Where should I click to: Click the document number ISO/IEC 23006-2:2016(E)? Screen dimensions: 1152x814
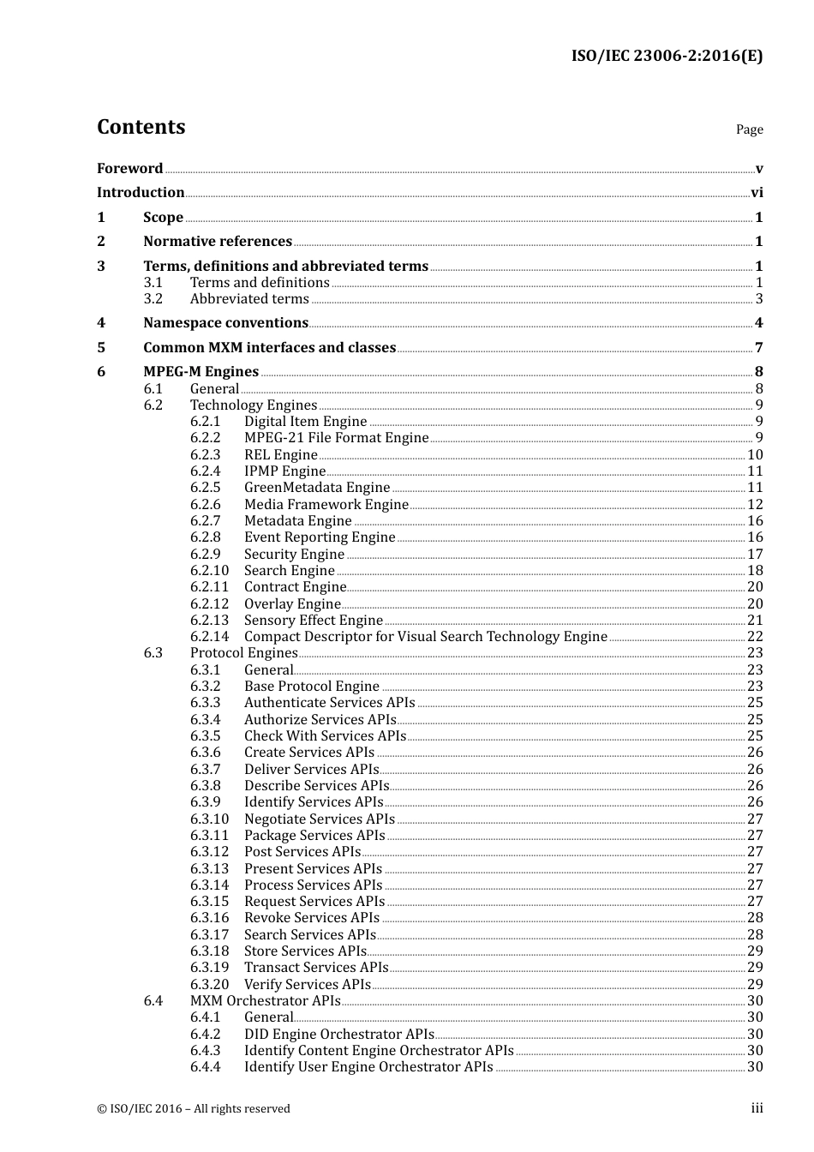click(667, 57)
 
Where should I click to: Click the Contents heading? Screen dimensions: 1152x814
click(141, 127)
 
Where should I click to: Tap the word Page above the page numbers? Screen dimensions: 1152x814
click(749, 129)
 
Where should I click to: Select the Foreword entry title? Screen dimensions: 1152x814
click(129, 169)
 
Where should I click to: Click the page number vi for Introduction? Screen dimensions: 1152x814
click(757, 193)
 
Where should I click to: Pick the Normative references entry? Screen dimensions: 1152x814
click(218, 242)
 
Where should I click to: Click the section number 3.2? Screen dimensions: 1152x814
click(153, 299)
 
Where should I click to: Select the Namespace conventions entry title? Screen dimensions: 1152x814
click(225, 323)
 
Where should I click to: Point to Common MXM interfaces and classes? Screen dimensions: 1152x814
click(269, 348)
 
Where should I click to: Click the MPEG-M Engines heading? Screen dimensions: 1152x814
click(201, 372)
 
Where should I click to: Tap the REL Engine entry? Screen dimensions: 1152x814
click(280, 455)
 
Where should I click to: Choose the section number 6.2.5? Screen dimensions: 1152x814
click(206, 488)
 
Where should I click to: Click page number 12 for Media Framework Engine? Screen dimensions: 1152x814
click(755, 505)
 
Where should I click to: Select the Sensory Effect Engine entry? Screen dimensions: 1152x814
click(313, 621)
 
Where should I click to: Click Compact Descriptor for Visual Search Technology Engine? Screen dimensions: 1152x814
click(425, 637)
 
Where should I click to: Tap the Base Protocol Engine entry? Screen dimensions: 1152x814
click(311, 687)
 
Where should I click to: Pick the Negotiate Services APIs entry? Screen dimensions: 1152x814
click(319, 819)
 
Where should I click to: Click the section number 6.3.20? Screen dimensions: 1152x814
click(209, 985)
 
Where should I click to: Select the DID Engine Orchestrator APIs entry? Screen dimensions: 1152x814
click(338, 1035)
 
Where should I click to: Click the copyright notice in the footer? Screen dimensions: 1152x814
click(194, 1109)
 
